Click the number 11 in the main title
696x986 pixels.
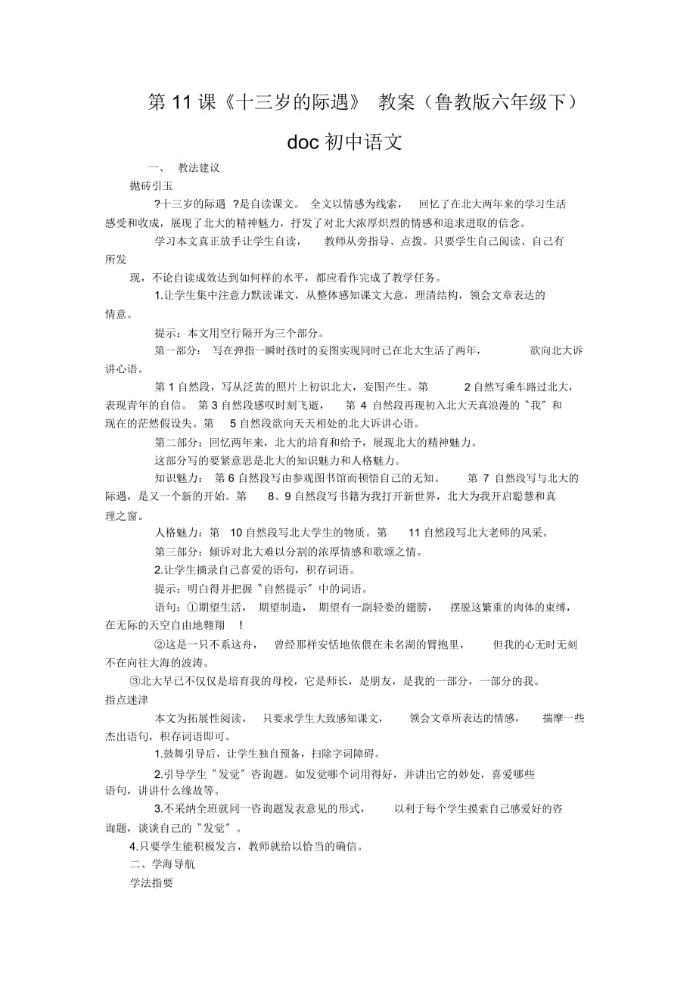click(182, 104)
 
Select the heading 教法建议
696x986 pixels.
click(199, 168)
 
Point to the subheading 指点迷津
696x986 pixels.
click(127, 700)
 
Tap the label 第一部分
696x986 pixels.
click(178, 350)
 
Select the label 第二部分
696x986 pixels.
click(178, 442)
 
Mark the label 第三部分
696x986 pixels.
click(178, 551)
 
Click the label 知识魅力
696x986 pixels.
click(178, 478)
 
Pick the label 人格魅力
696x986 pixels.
click(178, 532)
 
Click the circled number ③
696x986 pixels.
click(136, 681)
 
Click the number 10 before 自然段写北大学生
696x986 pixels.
click(235, 532)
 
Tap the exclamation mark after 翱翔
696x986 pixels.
click(240, 625)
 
